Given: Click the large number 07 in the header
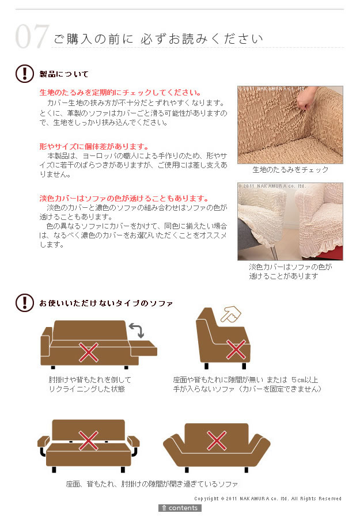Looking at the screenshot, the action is tap(32, 36).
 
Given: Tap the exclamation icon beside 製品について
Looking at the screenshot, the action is tap(24, 73).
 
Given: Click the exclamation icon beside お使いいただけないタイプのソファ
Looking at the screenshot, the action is tap(24, 303).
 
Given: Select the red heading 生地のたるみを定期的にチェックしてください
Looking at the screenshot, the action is tap(120, 93).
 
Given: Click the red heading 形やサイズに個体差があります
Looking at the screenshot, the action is tap(94, 146).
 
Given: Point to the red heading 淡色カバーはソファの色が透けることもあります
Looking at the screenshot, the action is tap(124, 199).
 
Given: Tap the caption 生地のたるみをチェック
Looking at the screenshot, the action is tap(290, 170).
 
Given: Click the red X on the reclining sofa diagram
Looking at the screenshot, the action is tap(89, 352).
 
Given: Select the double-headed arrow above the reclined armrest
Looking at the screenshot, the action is tap(137, 330).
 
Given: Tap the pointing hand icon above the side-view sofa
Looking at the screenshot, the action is tap(230, 314).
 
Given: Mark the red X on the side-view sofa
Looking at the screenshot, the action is tap(236, 349).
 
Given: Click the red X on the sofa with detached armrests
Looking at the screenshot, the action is tap(89, 440).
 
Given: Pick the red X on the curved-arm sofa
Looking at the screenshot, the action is tap(217, 440).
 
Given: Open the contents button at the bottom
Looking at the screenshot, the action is tap(180, 508).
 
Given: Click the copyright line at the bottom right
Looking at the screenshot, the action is tap(268, 499).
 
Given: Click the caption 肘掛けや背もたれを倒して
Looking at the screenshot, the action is tap(90, 380).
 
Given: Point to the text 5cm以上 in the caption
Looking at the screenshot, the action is tap(305, 380).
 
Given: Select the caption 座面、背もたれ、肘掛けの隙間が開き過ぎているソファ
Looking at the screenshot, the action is tap(152, 484).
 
